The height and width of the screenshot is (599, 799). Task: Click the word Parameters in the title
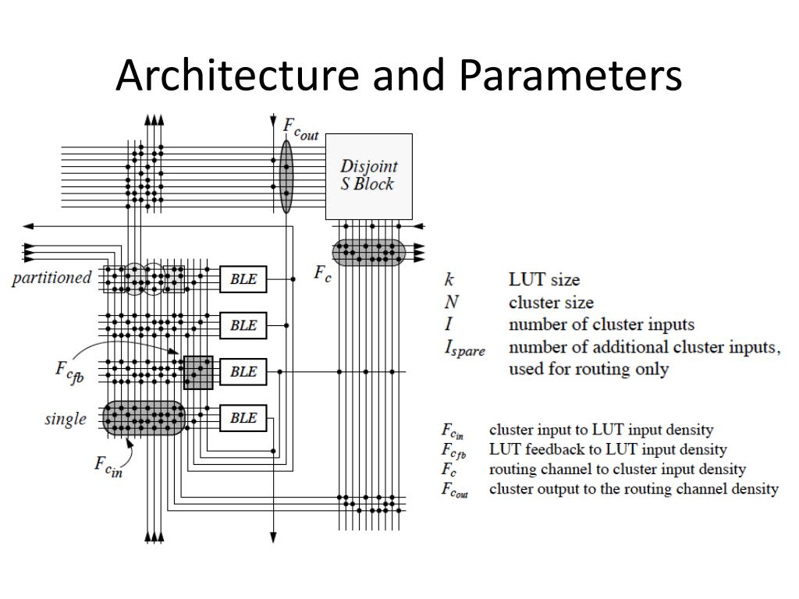570,75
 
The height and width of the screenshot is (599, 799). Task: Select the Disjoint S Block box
369,176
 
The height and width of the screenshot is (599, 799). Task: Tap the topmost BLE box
243,279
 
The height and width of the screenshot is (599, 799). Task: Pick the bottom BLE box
243,418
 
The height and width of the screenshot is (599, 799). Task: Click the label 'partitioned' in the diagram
51,278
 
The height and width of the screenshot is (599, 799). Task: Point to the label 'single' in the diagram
66,419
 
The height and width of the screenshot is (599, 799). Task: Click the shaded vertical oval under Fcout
286,176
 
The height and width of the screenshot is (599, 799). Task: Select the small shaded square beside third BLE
198,372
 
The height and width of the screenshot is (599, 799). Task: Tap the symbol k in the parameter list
449,279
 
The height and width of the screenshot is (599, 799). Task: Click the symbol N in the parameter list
451,302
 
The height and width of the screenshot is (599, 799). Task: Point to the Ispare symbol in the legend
464,349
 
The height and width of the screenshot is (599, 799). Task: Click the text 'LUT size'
544,279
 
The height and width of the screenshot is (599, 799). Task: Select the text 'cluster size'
551,302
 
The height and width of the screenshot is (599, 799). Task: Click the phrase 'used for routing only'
588,368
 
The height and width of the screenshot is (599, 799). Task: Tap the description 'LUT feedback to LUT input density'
608,449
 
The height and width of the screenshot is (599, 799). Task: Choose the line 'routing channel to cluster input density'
618,469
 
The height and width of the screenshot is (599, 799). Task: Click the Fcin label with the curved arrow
108,466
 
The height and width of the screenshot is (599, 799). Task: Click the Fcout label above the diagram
300,129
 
